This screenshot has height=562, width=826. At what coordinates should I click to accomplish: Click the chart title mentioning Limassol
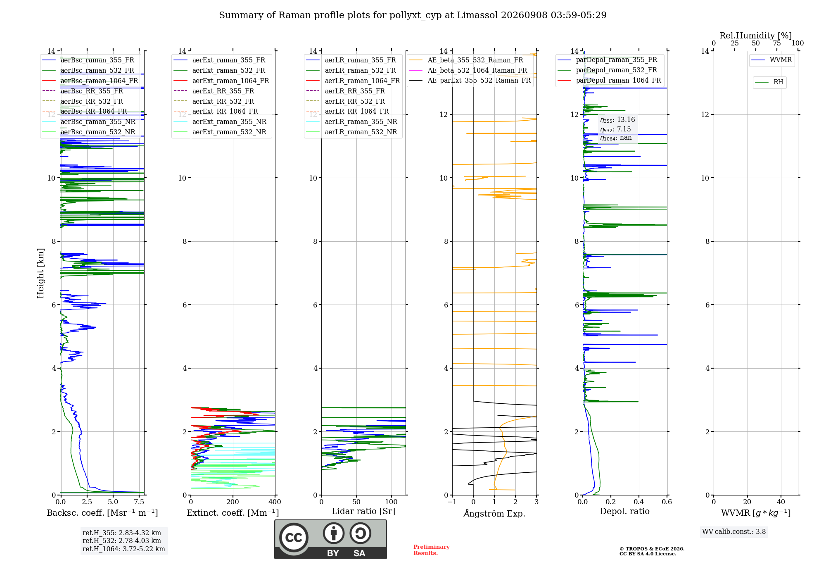(x=413, y=15)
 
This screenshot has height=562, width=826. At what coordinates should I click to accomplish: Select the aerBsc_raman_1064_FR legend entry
(x=90, y=81)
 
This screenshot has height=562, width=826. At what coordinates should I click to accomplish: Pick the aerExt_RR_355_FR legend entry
(x=214, y=91)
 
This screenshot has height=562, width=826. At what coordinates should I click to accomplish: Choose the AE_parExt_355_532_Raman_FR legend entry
(x=470, y=80)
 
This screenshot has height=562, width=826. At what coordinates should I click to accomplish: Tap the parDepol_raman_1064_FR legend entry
(x=609, y=80)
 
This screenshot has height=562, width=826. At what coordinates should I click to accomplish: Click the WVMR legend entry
(x=771, y=60)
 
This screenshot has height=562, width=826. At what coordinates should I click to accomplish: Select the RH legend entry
(x=769, y=82)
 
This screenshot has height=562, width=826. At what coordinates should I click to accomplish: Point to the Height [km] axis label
(x=40, y=273)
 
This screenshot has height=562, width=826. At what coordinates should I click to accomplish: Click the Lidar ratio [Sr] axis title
(x=363, y=511)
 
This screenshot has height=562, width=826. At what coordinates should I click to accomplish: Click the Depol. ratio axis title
(x=625, y=511)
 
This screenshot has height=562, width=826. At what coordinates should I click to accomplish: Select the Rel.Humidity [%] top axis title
(x=756, y=36)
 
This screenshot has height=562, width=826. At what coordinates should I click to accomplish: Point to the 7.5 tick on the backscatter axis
(x=139, y=502)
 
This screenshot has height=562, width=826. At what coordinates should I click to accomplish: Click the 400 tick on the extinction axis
(x=275, y=502)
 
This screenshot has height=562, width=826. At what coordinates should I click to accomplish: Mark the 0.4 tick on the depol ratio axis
(x=639, y=502)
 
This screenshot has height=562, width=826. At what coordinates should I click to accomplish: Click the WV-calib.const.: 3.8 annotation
(x=734, y=531)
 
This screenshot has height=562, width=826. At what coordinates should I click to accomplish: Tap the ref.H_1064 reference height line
(x=124, y=549)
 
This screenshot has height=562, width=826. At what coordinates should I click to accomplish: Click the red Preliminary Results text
(x=432, y=550)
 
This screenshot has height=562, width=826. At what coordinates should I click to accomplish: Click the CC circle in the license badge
(x=294, y=537)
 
